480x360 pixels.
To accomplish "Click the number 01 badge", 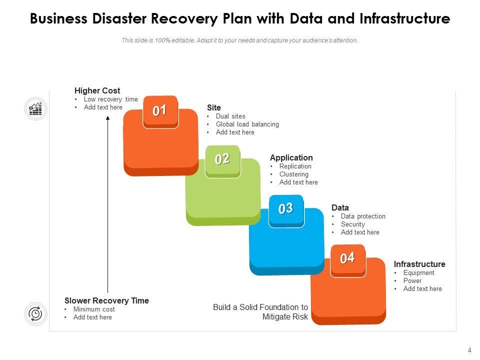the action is (160, 111).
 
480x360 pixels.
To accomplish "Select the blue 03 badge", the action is (286, 210).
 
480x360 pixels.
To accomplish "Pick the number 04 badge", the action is (348, 260).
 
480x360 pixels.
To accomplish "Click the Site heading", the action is (213, 108).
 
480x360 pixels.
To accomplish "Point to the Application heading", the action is (291, 158).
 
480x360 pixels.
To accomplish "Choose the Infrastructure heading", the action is (419, 264).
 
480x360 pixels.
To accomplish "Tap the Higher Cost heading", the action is (97, 91).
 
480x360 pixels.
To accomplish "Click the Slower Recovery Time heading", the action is (106, 300).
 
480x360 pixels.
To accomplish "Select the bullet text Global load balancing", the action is (247, 124).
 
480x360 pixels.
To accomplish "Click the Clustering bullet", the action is (294, 174).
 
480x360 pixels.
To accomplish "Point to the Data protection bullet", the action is (363, 216).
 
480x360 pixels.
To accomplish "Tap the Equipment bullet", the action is (419, 273).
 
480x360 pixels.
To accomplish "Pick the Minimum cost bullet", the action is (94, 309).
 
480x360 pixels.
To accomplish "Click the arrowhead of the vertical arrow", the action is (108, 118).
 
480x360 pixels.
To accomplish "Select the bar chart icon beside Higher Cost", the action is (35, 108).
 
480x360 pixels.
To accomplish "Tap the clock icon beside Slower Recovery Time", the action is (35, 314).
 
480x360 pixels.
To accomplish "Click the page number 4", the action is (469, 350).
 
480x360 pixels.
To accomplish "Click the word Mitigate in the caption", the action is (274, 317).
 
